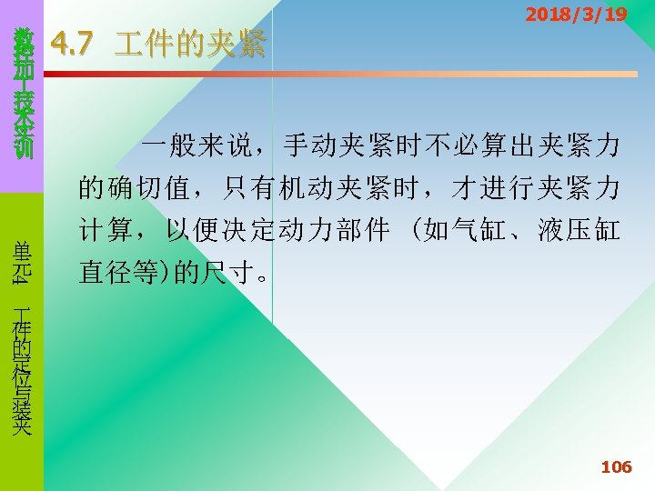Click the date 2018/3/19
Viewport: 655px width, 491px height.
click(576, 15)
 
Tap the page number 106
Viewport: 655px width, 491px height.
click(616, 467)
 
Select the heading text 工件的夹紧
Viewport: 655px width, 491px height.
click(191, 44)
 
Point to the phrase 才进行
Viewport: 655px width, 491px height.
click(494, 188)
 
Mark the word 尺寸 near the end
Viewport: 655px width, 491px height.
click(225, 274)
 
